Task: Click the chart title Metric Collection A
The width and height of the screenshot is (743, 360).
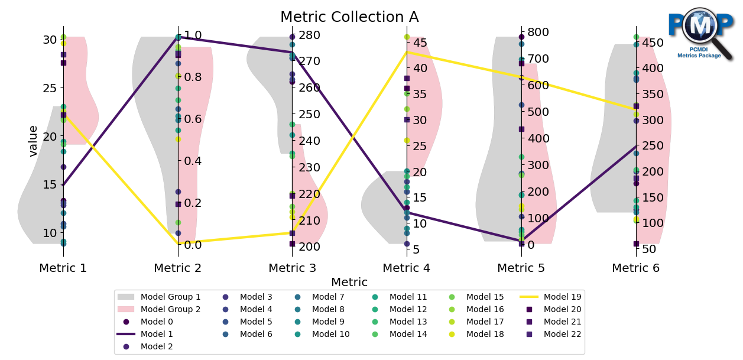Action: click(349, 17)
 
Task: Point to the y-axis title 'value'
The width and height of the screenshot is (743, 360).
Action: click(34, 141)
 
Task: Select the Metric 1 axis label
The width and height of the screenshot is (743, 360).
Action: click(63, 268)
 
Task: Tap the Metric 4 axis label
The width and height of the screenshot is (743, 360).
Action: click(407, 268)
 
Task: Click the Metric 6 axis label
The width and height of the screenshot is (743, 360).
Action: click(635, 268)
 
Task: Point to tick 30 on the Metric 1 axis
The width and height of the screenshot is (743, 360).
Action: click(50, 40)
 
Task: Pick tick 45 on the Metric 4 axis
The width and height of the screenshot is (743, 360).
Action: click(420, 43)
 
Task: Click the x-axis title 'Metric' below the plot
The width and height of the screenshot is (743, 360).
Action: click(349, 282)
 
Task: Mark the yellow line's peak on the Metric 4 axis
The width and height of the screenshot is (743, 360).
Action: click(407, 52)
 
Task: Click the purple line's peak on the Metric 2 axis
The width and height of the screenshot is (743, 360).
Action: click(178, 37)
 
